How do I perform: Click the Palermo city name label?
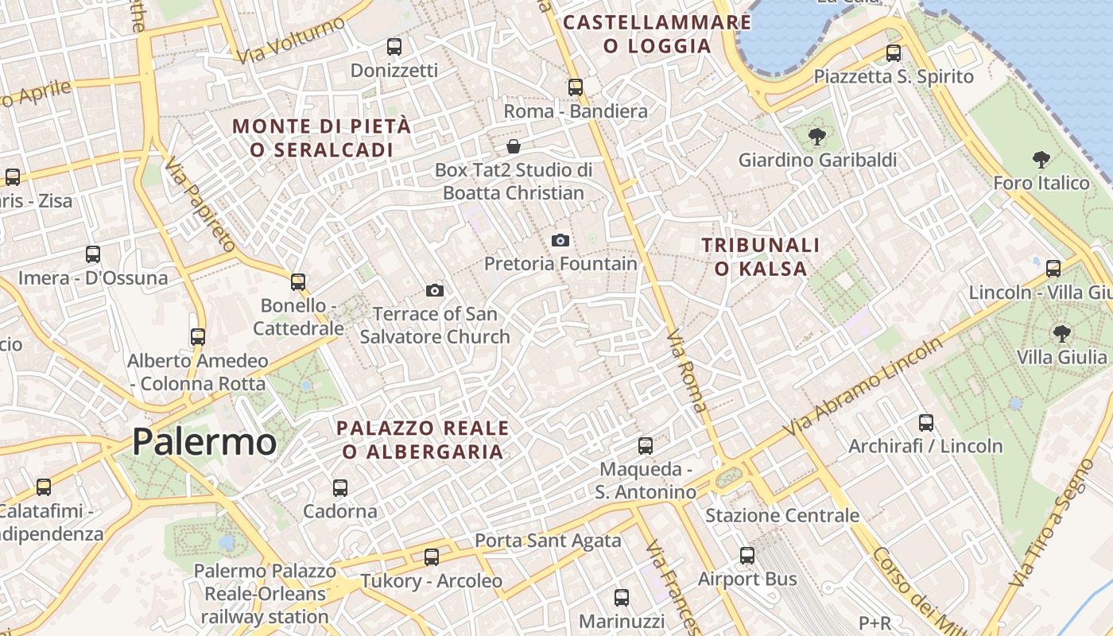204,441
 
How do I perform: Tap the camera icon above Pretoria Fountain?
560,240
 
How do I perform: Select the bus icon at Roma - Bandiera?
576,87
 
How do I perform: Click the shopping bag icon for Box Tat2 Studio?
514,146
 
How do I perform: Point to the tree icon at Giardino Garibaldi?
816,137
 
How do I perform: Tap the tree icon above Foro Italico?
1041,160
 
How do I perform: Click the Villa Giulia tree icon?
1061,333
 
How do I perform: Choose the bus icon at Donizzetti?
394,47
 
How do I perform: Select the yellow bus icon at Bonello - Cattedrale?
298,282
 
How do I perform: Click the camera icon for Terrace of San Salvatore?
434,290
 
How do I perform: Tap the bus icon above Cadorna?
340,487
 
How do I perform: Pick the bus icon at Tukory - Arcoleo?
432,557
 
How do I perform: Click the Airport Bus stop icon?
747,556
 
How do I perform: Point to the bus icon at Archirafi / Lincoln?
926,423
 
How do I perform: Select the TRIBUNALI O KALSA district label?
761,256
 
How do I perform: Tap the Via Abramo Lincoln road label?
863,386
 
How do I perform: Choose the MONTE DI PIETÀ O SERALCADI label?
322,138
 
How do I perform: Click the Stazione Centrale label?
782,515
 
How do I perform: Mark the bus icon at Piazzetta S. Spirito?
894,53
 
